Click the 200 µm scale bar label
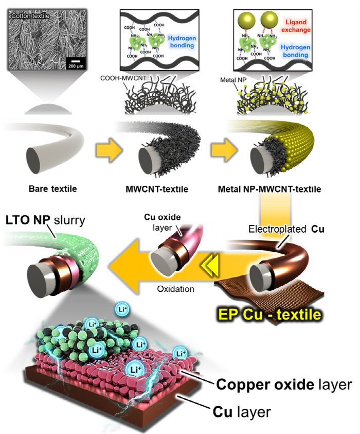click(x=75, y=66)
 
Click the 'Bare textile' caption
click(x=52, y=189)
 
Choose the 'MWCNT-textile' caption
click(x=157, y=189)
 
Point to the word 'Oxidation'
click(x=176, y=289)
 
